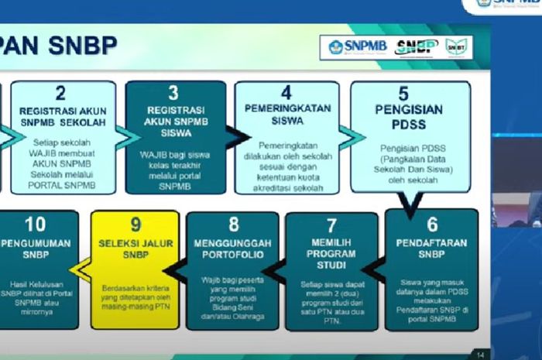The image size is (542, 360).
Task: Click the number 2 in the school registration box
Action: [60, 95]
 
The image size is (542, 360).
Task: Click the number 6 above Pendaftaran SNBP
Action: [432, 225]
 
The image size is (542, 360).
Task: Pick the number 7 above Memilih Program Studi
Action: [331, 226]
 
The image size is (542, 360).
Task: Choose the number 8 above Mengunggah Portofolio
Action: [233, 226]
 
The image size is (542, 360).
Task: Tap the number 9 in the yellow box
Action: [135, 225]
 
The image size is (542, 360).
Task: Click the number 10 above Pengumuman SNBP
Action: [35, 225]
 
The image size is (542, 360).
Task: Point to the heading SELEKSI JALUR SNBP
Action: [135, 249]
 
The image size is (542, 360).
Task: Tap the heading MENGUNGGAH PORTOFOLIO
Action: [233, 249]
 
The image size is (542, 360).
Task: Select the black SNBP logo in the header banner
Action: [417, 47]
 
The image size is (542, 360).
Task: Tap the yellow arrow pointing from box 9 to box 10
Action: [81, 268]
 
